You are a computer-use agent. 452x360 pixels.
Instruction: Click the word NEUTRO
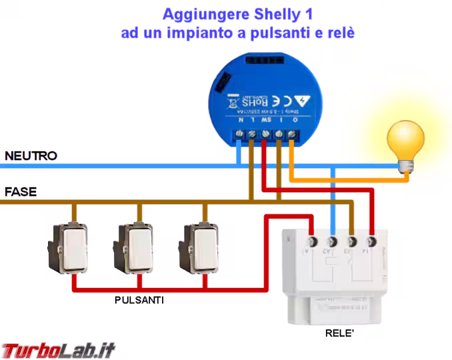tap(31, 156)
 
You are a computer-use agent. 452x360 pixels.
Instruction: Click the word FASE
tap(21, 192)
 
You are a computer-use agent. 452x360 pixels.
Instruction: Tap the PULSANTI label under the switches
tap(139, 301)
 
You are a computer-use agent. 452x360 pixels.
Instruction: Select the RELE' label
tap(339, 332)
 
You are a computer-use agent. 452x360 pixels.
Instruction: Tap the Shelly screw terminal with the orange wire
tap(291, 136)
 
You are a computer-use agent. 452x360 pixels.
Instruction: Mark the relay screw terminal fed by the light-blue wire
tap(332, 241)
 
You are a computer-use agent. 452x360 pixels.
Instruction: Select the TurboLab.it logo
tap(59, 348)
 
